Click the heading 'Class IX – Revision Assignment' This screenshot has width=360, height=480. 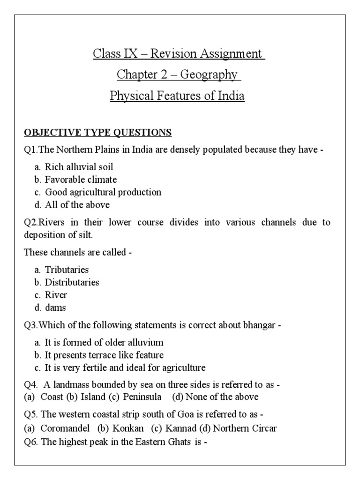(179, 53)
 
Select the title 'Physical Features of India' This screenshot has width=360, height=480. (177, 96)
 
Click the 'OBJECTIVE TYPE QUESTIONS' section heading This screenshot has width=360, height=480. (97, 133)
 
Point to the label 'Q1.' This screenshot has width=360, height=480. (30, 150)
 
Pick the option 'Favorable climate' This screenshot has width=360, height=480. (81, 180)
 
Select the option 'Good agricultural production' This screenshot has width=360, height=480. (103, 192)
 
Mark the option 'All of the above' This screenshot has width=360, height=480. (77, 205)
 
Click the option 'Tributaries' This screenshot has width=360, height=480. (67, 270)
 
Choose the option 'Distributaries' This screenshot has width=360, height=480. (72, 282)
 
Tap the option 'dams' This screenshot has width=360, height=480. (55, 307)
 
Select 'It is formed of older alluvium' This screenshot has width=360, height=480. (104, 343)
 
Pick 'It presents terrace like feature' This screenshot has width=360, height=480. (104, 355)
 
